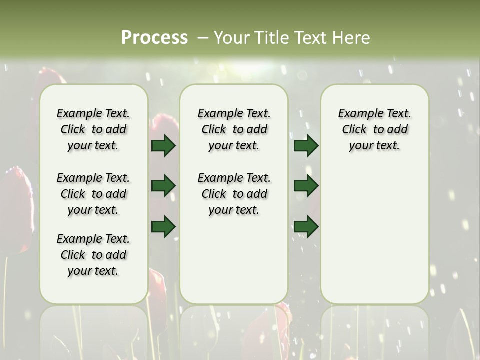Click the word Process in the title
point(154,37)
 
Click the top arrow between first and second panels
point(163,145)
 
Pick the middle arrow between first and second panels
point(163,186)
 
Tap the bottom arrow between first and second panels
point(163,226)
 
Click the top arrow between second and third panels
point(306,145)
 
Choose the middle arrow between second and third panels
point(306,186)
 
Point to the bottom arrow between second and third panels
point(306,226)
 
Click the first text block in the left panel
point(93,129)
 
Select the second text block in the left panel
point(93,194)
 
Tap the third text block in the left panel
point(93,255)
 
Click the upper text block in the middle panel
point(234,129)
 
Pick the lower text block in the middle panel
point(234,194)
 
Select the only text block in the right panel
point(375,129)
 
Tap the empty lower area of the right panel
point(375,235)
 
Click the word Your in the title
point(231,37)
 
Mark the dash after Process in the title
point(203,37)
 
